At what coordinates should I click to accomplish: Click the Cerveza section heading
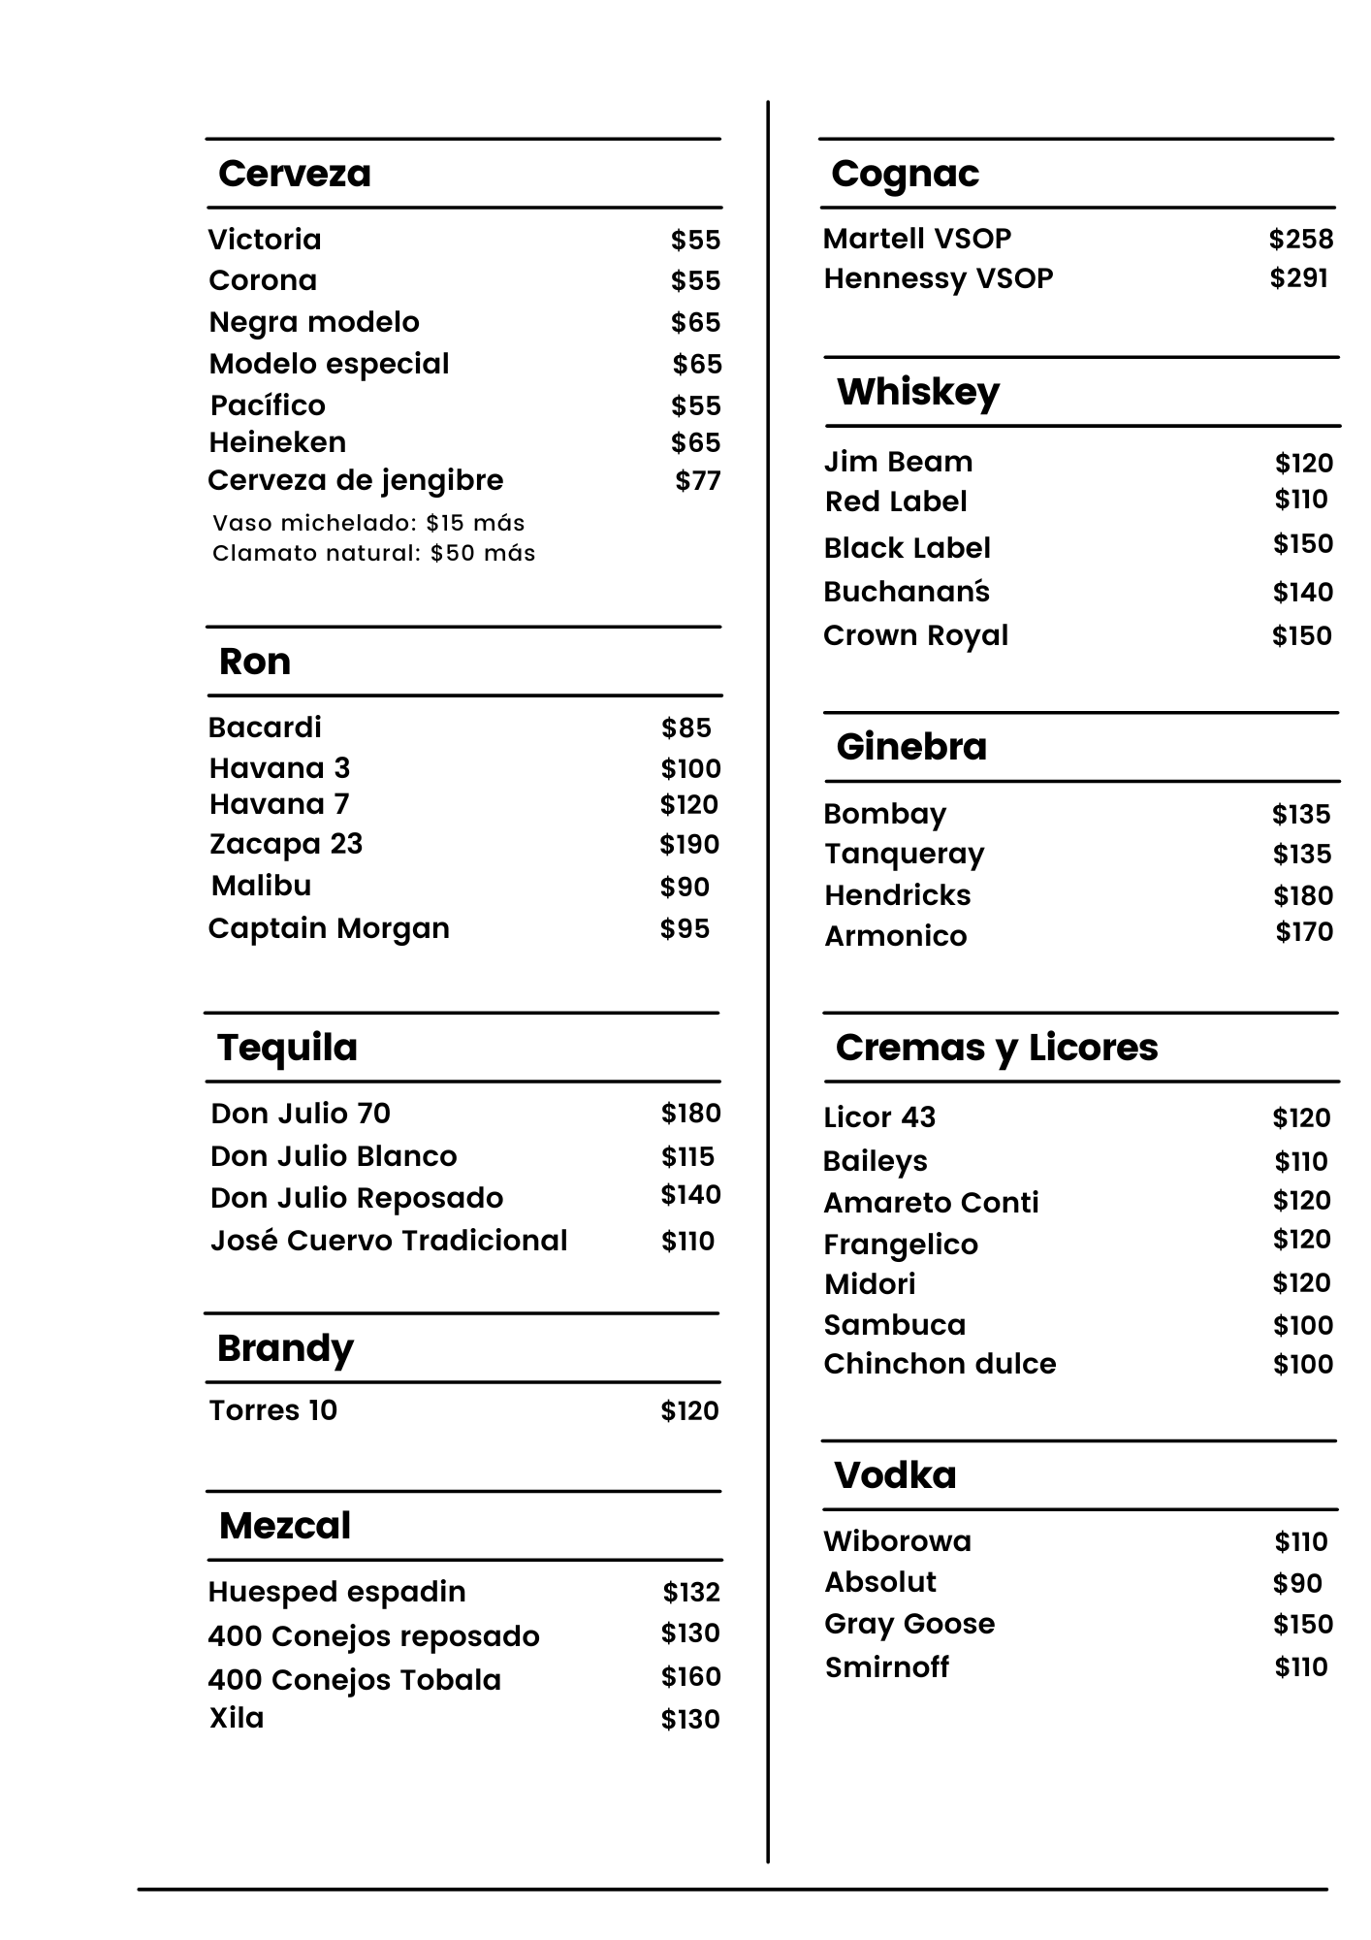pyautogui.click(x=294, y=174)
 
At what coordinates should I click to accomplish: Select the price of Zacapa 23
pyautogui.click(x=688, y=845)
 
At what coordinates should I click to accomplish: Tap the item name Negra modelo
pyautogui.click(x=314, y=322)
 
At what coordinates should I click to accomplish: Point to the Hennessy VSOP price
pyautogui.click(x=1298, y=278)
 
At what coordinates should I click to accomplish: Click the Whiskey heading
pyautogui.click(x=917, y=392)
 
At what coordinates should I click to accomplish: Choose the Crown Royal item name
pyautogui.click(x=915, y=635)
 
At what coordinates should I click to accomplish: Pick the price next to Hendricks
pyautogui.click(x=1302, y=895)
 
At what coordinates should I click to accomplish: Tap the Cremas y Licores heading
pyautogui.click(x=996, y=1048)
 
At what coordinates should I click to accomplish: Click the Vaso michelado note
pyautogui.click(x=368, y=523)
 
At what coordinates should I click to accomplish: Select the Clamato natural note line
pyautogui.click(x=373, y=553)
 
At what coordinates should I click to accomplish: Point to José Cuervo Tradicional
pyautogui.click(x=388, y=1241)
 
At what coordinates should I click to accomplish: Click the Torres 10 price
pyautogui.click(x=689, y=1411)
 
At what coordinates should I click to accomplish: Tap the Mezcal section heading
pyautogui.click(x=284, y=1526)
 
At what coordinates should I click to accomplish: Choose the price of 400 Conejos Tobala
pyautogui.click(x=690, y=1677)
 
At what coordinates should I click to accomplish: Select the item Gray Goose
pyautogui.click(x=909, y=1624)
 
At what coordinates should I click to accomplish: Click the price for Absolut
pyautogui.click(x=1296, y=1583)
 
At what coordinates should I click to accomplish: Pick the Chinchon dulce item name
pyautogui.click(x=939, y=1364)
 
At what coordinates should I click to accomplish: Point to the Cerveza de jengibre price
pyautogui.click(x=697, y=481)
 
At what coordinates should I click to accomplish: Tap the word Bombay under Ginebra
pyautogui.click(x=883, y=814)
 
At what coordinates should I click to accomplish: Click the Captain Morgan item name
pyautogui.click(x=328, y=928)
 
